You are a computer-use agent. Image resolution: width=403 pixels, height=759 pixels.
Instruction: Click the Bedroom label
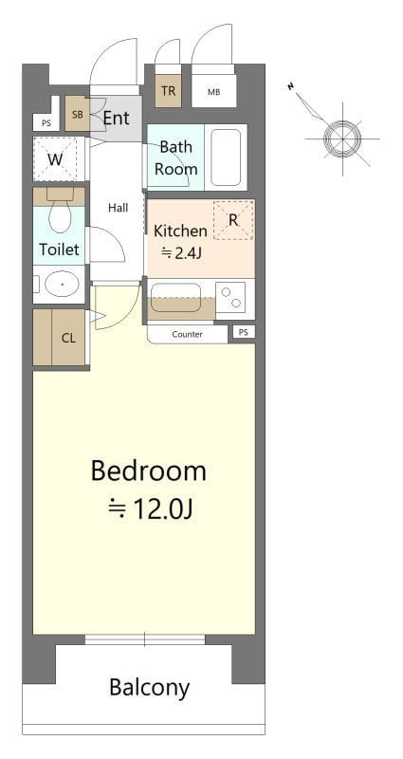click(x=149, y=472)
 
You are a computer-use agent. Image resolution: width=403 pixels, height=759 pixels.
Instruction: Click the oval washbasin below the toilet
click(x=62, y=284)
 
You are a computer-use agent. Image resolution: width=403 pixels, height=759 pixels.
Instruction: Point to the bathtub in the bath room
click(x=226, y=157)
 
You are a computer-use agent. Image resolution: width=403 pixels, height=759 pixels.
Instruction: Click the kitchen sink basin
click(x=175, y=298)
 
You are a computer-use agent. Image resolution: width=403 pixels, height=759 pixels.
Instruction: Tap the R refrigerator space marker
click(x=233, y=220)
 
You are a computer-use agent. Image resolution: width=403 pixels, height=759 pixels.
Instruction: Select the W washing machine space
click(x=55, y=159)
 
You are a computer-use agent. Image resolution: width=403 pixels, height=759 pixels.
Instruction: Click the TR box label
click(x=169, y=90)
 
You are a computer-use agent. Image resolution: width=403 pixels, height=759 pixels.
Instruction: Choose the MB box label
click(x=214, y=92)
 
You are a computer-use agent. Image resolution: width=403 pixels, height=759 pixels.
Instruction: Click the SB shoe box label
click(x=78, y=115)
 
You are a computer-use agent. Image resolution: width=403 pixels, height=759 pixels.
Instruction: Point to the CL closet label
click(x=68, y=338)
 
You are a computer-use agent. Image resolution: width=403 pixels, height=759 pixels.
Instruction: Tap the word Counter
click(x=187, y=335)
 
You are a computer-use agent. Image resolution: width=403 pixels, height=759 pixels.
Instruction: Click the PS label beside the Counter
click(x=244, y=333)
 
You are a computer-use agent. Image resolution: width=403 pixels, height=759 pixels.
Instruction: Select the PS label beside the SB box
click(x=46, y=123)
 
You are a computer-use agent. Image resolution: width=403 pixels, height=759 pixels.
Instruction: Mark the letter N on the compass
click(x=291, y=86)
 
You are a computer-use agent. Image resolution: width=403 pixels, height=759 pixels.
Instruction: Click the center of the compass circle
click(x=342, y=139)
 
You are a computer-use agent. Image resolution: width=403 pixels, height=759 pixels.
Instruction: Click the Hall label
click(x=118, y=208)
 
